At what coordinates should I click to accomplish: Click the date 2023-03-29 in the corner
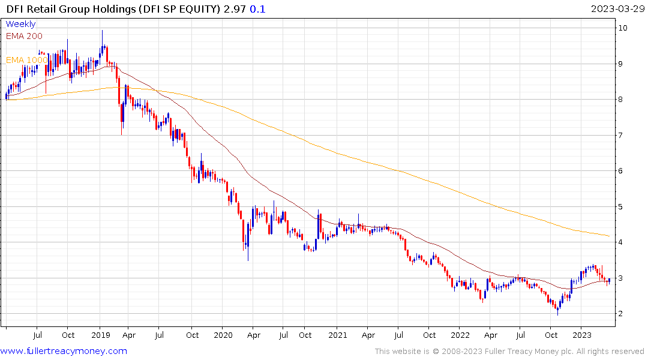tap(616, 9)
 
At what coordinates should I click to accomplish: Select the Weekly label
tap(20, 24)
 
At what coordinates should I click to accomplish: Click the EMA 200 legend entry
tap(24, 36)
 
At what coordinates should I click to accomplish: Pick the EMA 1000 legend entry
tap(26, 60)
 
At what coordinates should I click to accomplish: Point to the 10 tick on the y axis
tap(624, 28)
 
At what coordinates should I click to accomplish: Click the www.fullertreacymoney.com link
tap(64, 351)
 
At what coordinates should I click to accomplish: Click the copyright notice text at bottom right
tap(509, 352)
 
